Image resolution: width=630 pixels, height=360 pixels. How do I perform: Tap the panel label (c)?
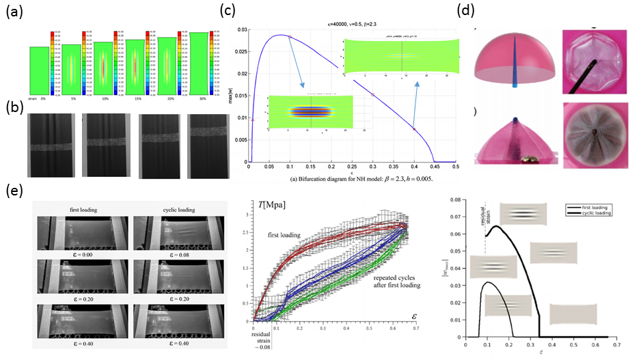point(227,11)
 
